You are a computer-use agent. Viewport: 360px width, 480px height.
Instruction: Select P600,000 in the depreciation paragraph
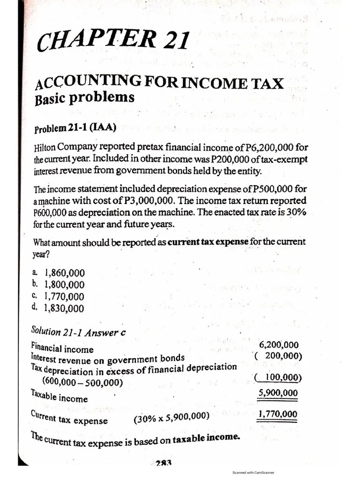(52, 212)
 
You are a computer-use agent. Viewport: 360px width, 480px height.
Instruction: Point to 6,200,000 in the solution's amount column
(278, 345)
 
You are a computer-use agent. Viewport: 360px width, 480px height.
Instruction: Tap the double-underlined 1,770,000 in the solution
(277, 414)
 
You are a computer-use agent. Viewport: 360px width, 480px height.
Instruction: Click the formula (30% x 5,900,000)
(171, 416)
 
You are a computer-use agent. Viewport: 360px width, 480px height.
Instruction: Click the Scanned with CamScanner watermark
(253, 473)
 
